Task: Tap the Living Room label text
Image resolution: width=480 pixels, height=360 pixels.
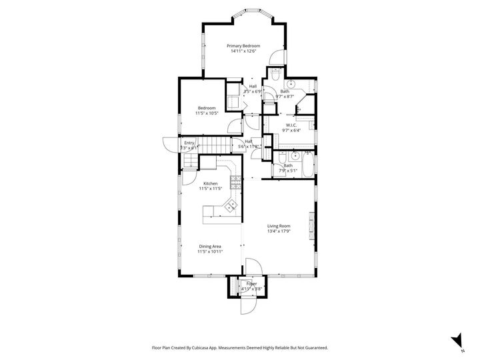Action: pos(279,226)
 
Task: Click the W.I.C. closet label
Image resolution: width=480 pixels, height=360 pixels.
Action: pos(291,125)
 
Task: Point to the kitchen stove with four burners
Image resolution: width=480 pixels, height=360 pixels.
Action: pos(235,180)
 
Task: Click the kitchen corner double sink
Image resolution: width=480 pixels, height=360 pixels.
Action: pos(233,205)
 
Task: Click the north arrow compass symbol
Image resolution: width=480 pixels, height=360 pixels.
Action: pos(457,340)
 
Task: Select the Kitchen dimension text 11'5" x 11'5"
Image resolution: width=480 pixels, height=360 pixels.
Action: pos(210,189)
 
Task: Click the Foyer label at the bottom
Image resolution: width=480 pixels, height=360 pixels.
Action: pos(251,283)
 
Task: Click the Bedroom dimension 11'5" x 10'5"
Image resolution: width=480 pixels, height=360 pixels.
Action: pos(207,113)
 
